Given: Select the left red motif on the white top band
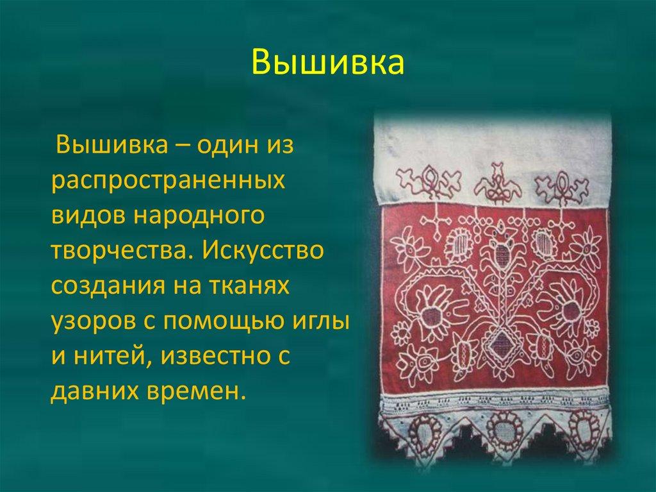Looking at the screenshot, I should pyautogui.click(x=425, y=181).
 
